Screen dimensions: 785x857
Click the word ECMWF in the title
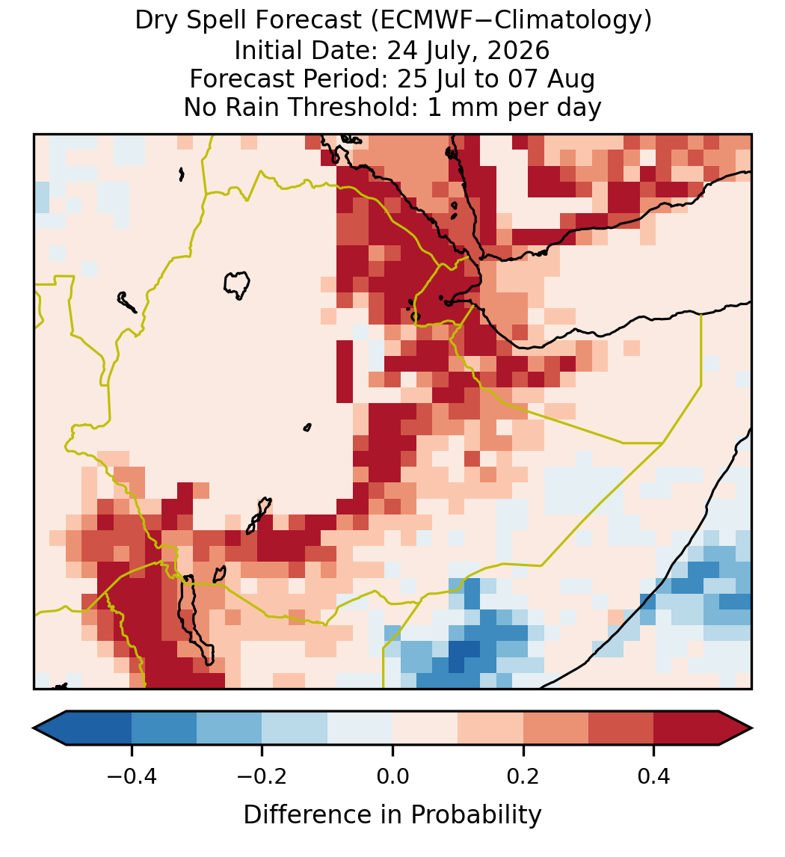tap(417, 21)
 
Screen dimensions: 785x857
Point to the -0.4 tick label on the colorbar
tap(132, 776)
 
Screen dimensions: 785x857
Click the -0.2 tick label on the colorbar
tap(262, 776)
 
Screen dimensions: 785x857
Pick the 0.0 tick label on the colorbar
tap(392, 776)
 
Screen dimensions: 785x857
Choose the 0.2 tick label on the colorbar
tap(523, 776)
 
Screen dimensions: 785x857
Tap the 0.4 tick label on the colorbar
tap(654, 776)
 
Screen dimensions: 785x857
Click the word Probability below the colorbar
tap(476, 815)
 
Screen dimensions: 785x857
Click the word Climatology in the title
tap(554, 21)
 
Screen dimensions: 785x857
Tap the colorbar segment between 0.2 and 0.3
tap(555, 728)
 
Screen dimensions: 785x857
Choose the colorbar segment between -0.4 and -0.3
tap(164, 728)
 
